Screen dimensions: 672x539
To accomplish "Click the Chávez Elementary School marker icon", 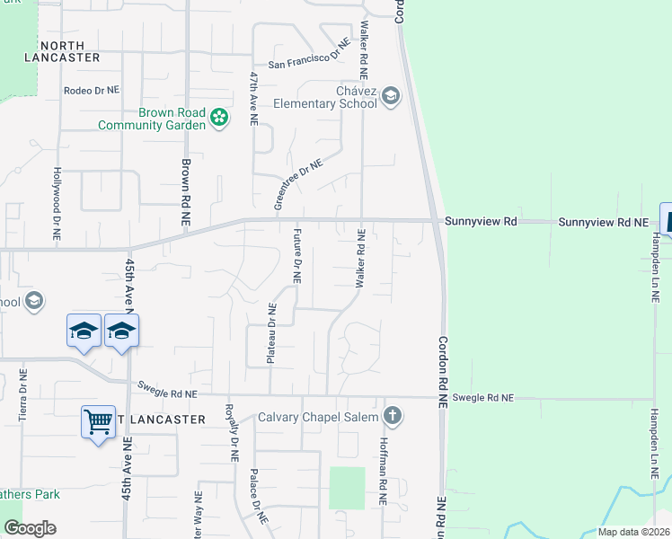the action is click(391, 96).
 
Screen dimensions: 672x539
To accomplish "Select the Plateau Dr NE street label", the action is click(270, 333).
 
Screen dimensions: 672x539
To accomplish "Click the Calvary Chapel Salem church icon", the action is click(391, 416).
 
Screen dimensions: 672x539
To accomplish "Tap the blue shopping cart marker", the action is click(98, 420).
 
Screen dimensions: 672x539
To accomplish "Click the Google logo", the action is click(31, 528).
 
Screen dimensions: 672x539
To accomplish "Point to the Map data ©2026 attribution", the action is click(633, 532).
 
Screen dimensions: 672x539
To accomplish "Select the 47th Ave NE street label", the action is click(254, 99).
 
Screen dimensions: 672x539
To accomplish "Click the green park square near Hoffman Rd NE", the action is click(347, 488).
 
